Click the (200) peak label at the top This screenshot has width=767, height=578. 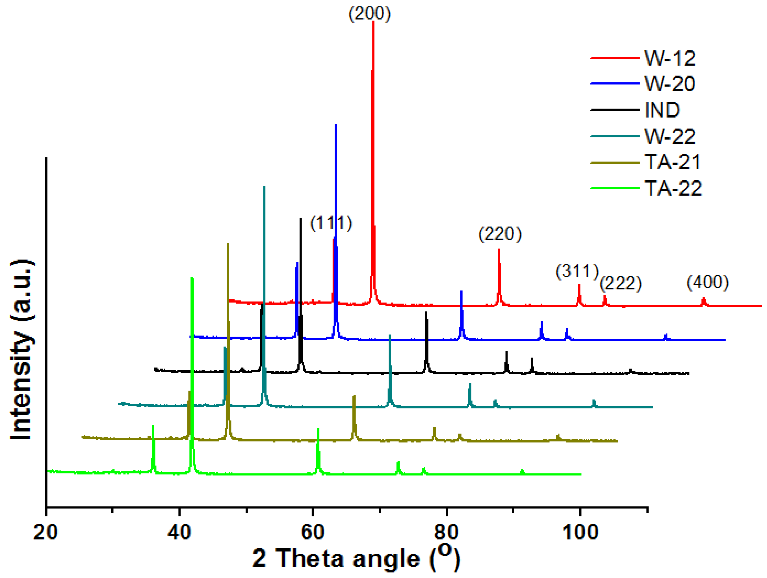(370, 14)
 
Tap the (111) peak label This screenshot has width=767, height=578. (331, 223)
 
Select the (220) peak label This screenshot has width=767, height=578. (500, 234)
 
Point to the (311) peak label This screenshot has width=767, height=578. (577, 271)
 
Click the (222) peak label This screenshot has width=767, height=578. (621, 283)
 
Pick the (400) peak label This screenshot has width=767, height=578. (708, 282)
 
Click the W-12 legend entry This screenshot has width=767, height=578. (669, 58)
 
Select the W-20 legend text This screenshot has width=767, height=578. (669, 84)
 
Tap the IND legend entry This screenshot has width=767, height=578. (662, 110)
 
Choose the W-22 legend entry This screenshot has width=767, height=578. (669, 137)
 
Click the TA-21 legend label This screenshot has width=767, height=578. (672, 162)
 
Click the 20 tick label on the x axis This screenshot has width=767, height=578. (45, 532)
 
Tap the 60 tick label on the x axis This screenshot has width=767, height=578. (312, 532)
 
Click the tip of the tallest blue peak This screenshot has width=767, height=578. (336, 125)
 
